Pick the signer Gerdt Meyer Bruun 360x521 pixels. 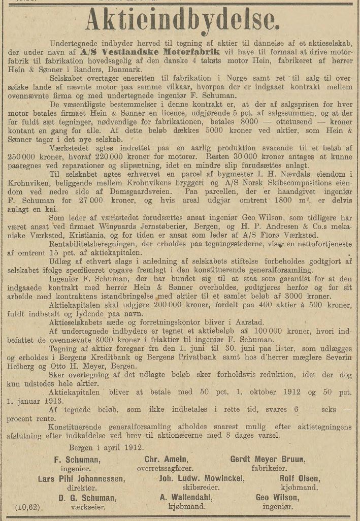(268, 459)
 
